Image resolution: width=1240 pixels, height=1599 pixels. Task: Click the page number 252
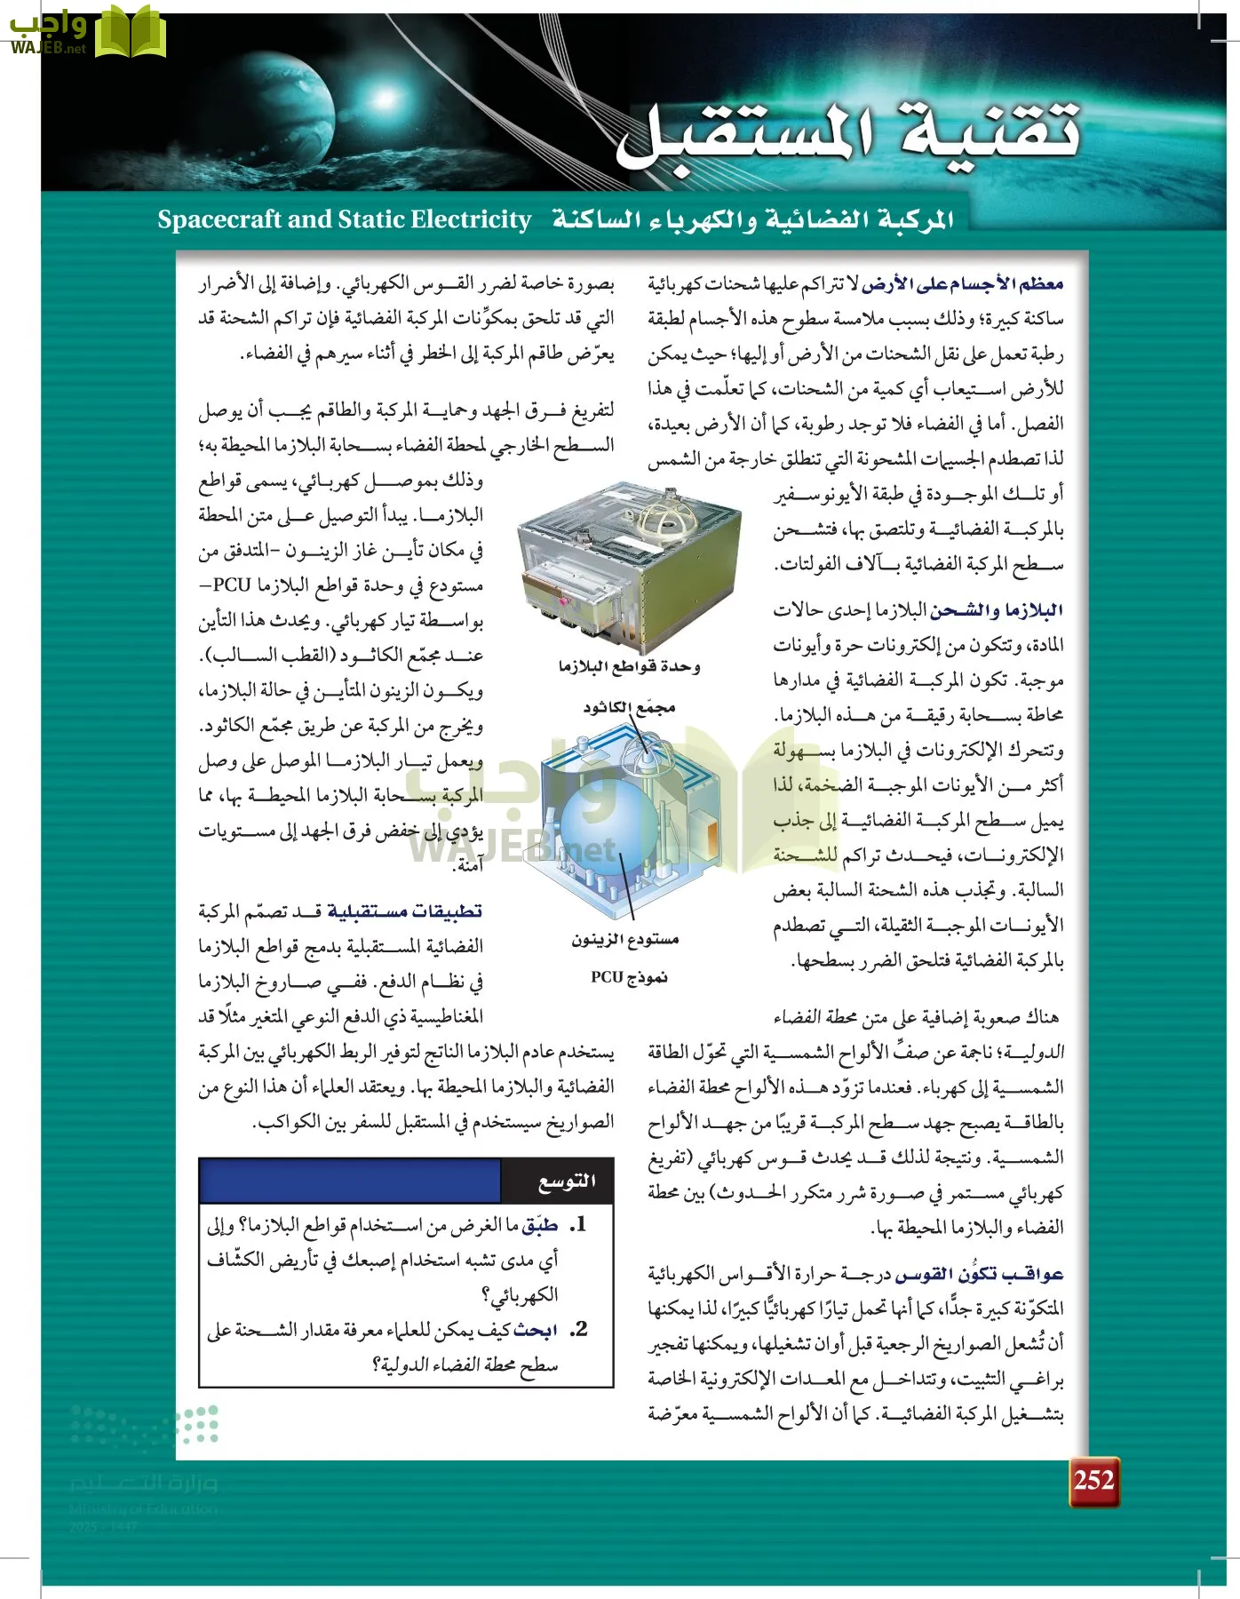pyautogui.click(x=1093, y=1480)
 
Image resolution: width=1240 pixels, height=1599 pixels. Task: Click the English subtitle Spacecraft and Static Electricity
pyautogui.click(x=344, y=219)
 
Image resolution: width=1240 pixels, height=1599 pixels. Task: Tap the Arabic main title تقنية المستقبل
pyautogui.click(x=848, y=133)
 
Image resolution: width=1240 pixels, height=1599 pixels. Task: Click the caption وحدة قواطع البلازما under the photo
pyautogui.click(x=629, y=666)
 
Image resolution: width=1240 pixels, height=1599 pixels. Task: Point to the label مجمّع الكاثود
pyautogui.click(x=629, y=707)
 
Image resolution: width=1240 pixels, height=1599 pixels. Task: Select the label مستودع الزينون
pyautogui.click(x=624, y=939)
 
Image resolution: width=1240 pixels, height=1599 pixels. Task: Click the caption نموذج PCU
pyautogui.click(x=629, y=977)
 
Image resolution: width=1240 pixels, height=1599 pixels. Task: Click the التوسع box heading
pyautogui.click(x=567, y=1181)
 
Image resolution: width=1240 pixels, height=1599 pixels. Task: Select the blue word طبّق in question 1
pyautogui.click(x=539, y=1225)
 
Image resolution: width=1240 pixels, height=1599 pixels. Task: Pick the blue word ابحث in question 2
pyautogui.click(x=536, y=1330)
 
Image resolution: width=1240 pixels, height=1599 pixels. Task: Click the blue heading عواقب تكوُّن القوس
pyautogui.click(x=979, y=1274)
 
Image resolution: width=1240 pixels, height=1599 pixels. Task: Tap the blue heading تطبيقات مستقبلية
pyautogui.click(x=405, y=911)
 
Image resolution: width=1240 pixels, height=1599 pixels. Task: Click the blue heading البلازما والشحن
pyautogui.click(x=997, y=610)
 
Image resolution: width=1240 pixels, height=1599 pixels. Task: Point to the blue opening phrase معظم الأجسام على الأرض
pyautogui.click(x=962, y=284)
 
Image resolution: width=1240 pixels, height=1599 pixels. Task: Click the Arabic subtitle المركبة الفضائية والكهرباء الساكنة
pyautogui.click(x=752, y=219)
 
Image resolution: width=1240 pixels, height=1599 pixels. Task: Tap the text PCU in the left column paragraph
pyautogui.click(x=232, y=585)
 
